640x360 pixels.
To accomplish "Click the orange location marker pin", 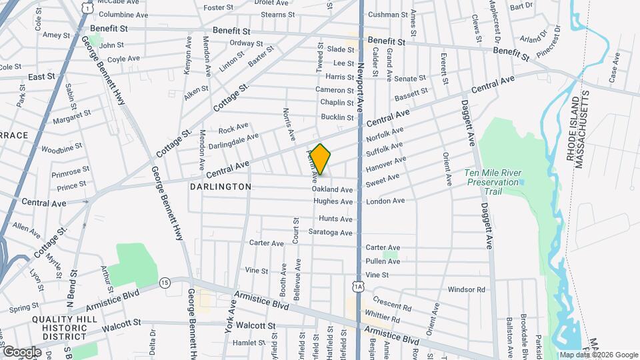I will click(320, 159).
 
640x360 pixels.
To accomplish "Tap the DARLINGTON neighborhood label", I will click(221, 187).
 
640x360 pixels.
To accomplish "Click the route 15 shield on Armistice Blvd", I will click(165, 283).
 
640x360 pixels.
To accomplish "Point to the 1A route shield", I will click(359, 287).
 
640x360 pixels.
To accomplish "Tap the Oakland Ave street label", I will click(332, 190).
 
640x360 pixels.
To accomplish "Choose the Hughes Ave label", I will click(333, 201).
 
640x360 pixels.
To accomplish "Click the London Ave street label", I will click(385, 201).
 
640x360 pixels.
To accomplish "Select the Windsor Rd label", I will click(467, 289).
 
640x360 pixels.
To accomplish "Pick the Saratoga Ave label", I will click(330, 233).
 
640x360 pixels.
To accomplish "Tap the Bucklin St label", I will click(337, 117).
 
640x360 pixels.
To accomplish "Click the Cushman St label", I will click(387, 15).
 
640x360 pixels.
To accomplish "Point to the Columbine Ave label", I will click(123, 15).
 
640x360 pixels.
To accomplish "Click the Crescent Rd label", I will click(392, 303).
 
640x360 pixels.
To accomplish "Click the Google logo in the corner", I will click(22, 351).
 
